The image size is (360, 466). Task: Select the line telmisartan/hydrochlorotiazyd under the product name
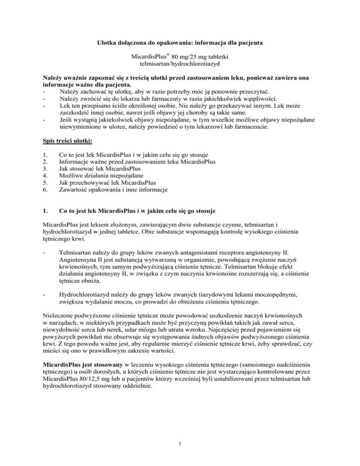(x=180, y=68)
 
